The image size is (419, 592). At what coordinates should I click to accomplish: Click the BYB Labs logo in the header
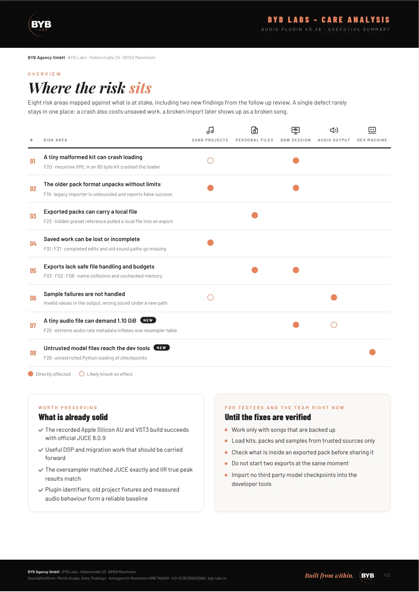tap(40, 24)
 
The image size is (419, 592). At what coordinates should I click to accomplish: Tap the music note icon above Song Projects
tap(210, 130)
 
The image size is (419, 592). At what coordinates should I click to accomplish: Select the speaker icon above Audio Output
tap(334, 130)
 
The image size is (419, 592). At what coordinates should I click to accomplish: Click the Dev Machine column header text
tap(372, 140)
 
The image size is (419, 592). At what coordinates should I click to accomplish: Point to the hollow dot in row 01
tap(210, 161)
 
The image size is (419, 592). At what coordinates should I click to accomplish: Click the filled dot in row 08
tap(372, 352)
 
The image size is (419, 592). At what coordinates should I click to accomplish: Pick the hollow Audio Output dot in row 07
tap(334, 325)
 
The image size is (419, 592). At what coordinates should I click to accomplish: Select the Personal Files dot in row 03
tap(255, 216)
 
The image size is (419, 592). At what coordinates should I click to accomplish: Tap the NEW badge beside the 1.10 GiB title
tap(148, 320)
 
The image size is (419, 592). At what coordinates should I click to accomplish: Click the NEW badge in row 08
tap(162, 348)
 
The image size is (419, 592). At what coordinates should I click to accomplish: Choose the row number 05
tap(33, 271)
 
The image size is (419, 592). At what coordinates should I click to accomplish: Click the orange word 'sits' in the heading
tap(140, 88)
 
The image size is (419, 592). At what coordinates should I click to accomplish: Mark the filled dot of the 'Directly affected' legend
tap(31, 374)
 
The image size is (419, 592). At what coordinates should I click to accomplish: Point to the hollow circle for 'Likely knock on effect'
tap(82, 374)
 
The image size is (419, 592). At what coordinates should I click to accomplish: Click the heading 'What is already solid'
tap(73, 417)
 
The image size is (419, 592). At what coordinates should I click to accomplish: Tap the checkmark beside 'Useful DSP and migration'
tap(40, 450)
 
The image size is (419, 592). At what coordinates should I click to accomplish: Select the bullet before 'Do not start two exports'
tap(226, 463)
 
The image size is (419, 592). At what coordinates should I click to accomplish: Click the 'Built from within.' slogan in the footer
tap(329, 575)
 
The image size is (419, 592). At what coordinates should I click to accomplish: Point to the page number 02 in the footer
tap(387, 575)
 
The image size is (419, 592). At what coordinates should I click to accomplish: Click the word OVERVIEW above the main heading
tap(44, 74)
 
